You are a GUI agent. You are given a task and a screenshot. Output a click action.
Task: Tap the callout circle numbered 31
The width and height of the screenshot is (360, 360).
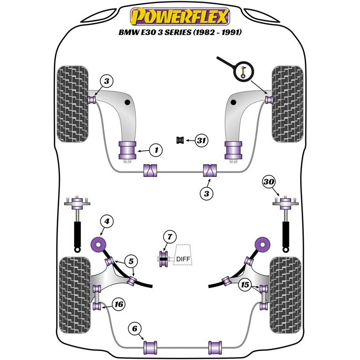(201, 141)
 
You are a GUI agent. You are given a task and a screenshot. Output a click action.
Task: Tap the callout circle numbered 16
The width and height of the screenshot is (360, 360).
(119, 305)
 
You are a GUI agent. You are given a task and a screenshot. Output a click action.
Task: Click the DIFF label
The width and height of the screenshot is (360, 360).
(183, 259)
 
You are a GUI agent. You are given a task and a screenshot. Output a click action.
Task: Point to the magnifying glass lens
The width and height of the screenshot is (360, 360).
(244, 71)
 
